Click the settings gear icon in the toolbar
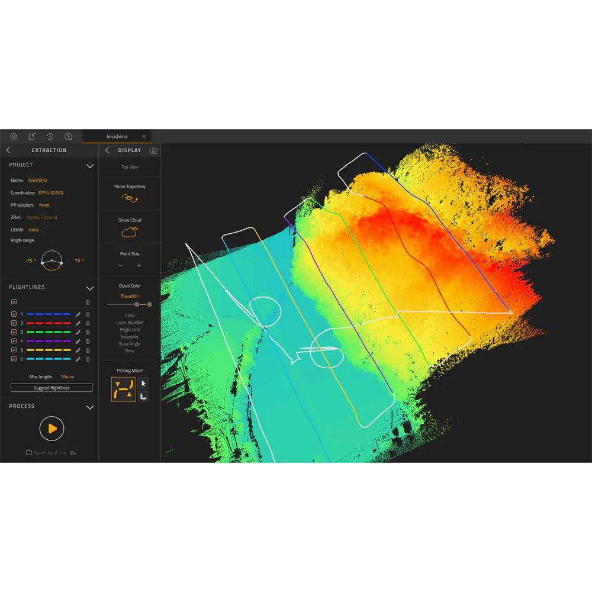pyautogui.click(x=14, y=136)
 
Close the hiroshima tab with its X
pyautogui.click(x=144, y=137)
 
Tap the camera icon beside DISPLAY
pyautogui.click(x=154, y=151)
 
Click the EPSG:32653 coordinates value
pyautogui.click(x=51, y=193)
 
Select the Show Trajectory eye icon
pyautogui.click(x=130, y=198)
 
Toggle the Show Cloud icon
pyautogui.click(x=130, y=231)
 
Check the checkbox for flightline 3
pyautogui.click(x=14, y=332)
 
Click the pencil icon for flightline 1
pyautogui.click(x=78, y=314)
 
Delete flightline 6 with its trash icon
pyautogui.click(x=88, y=359)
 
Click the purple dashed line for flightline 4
pyautogui.click(x=49, y=341)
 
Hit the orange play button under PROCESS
pyautogui.click(x=52, y=428)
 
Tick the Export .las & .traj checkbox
pyautogui.click(x=29, y=453)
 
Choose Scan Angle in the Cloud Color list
pyautogui.click(x=130, y=344)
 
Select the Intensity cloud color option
pyautogui.click(x=130, y=337)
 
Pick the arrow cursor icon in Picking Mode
pyautogui.click(x=143, y=384)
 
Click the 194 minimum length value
pyautogui.click(x=65, y=377)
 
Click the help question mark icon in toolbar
pyautogui.click(x=68, y=136)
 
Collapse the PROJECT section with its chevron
pyautogui.click(x=90, y=166)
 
